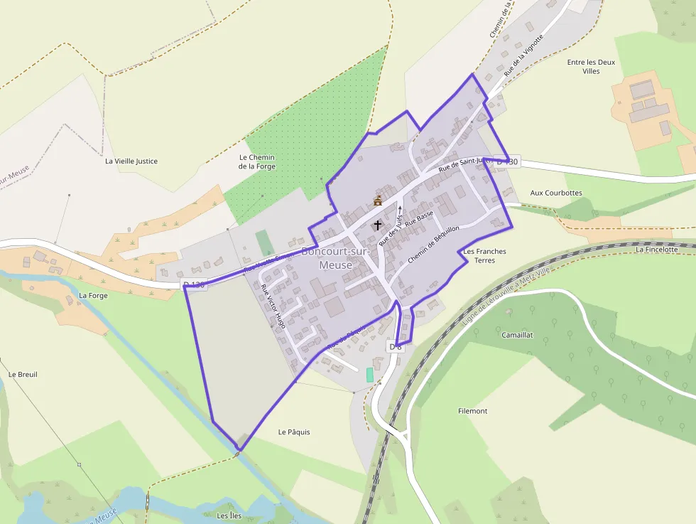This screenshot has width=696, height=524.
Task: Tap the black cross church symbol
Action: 377,225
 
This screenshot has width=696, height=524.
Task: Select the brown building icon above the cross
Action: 378,201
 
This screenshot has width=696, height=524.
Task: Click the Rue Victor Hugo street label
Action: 273,306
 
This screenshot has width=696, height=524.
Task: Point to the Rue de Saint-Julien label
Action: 465,165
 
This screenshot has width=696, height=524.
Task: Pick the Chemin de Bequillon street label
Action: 434,245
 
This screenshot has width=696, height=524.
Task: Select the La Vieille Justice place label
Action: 131,161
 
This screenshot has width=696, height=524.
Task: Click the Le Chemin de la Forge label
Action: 257,161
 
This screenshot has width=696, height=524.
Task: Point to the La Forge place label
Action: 93,295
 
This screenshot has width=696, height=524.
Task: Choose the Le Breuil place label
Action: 23,374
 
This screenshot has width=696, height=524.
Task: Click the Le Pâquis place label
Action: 294,432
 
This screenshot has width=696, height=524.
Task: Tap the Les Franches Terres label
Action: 484,256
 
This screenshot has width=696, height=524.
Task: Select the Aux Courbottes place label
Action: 556,193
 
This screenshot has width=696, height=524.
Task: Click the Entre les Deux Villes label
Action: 591,66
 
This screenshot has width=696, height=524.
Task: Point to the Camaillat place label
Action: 517,334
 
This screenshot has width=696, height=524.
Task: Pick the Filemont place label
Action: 473,411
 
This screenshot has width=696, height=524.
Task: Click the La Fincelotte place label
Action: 657,250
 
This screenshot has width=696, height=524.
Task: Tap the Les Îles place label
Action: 229,515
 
